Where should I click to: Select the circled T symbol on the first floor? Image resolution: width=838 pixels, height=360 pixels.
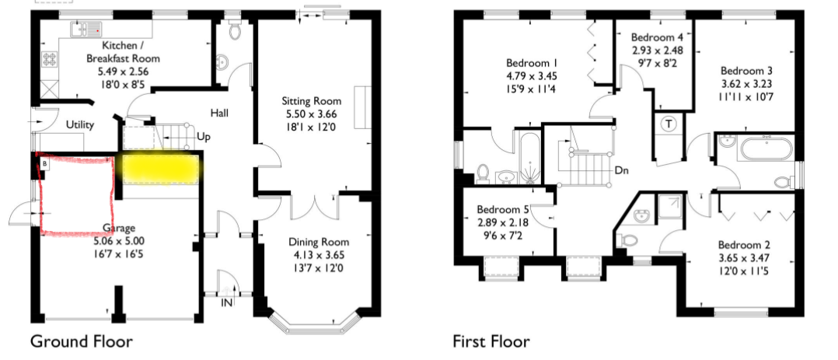click(669, 124)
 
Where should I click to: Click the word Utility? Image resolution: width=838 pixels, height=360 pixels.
click(79, 125)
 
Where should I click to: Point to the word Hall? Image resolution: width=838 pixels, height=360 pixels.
click(219, 113)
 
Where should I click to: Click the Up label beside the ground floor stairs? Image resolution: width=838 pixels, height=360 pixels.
click(204, 137)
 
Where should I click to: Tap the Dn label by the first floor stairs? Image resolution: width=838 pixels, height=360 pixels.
click(622, 171)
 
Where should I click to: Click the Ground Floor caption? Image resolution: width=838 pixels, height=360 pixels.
click(81, 341)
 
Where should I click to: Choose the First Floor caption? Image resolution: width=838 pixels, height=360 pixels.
click(491, 341)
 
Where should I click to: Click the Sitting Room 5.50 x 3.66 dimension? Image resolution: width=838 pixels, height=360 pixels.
click(312, 114)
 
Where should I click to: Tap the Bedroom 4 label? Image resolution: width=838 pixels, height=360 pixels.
click(657, 38)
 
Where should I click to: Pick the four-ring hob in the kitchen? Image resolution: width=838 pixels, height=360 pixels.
click(50, 59)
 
